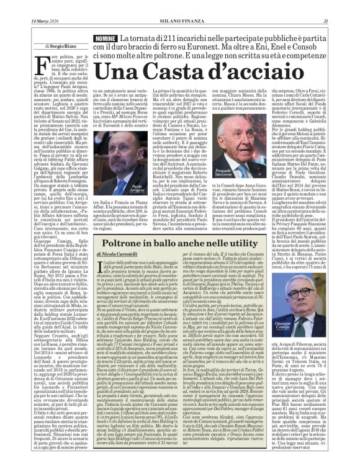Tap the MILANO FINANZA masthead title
tap(181, 6)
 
